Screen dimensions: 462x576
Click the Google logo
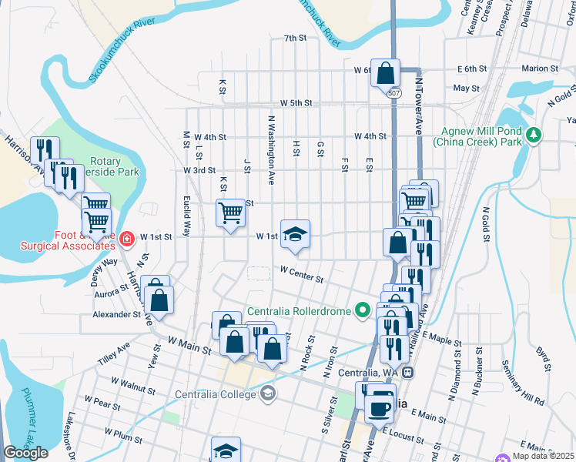[25, 453]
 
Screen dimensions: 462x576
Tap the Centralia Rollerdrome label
[299, 312]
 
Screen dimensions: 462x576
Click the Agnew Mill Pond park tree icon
[533, 136]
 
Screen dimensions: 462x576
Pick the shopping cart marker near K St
[230, 213]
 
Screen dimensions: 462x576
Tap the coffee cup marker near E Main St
[378, 408]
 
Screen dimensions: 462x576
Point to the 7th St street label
[295, 38]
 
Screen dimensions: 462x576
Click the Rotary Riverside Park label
[115, 166]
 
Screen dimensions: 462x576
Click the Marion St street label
[539, 69]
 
